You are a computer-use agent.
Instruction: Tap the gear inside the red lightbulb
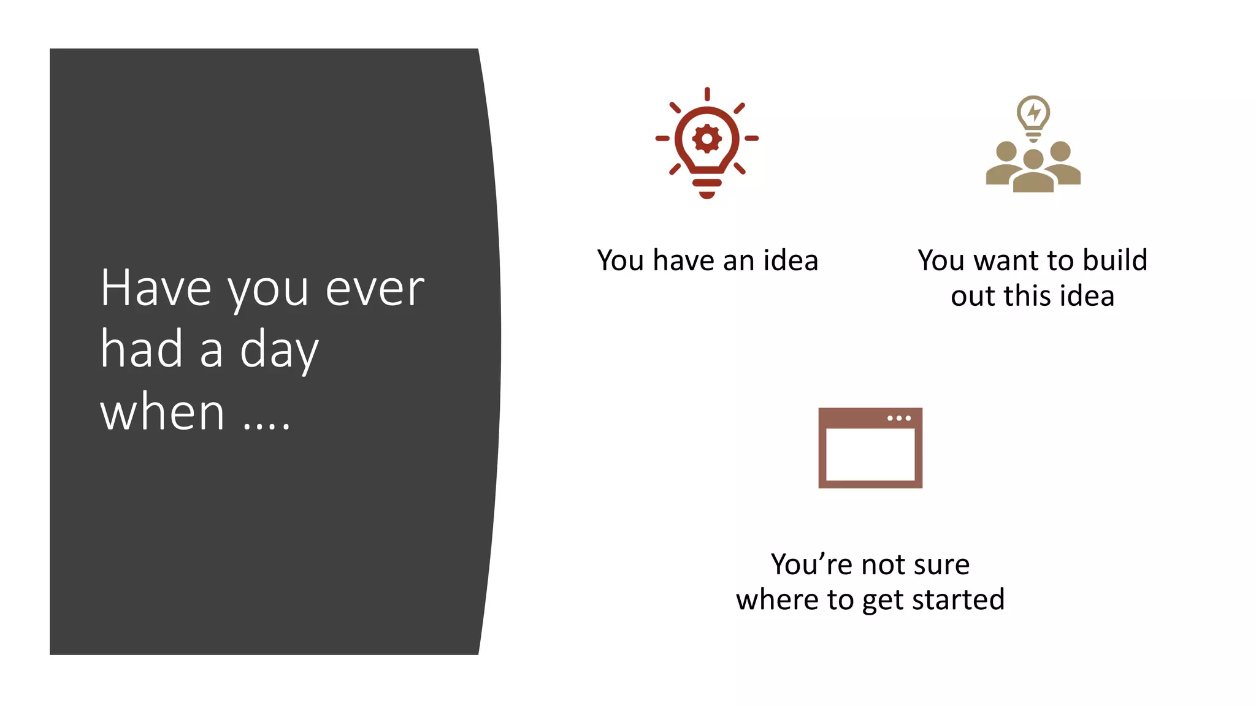[x=706, y=139]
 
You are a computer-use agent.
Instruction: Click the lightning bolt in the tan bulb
[x=1034, y=112]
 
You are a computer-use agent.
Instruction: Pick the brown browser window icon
[x=870, y=448]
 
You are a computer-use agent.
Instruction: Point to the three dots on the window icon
[x=899, y=419]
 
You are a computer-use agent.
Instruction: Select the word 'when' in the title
[x=163, y=412]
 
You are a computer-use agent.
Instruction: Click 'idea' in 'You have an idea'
[x=791, y=260]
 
